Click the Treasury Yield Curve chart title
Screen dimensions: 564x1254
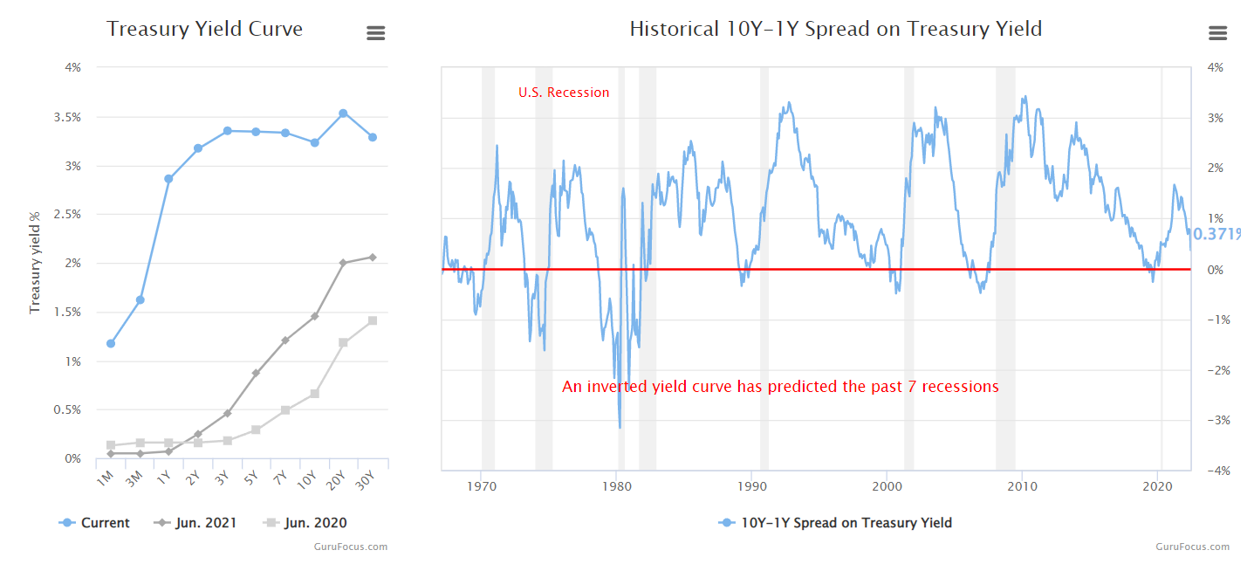[x=204, y=29]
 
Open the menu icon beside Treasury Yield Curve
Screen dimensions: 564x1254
[x=375, y=33]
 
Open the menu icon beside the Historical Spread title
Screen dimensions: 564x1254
[x=1217, y=33]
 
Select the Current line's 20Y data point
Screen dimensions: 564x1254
[x=343, y=113]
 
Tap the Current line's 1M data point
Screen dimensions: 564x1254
[x=111, y=343]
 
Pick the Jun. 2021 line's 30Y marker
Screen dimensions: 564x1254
[x=373, y=257]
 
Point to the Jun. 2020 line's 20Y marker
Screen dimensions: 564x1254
[x=343, y=342]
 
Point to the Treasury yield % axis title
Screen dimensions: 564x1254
[x=36, y=262]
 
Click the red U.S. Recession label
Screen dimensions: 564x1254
[x=564, y=93]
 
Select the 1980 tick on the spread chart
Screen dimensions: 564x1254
[x=617, y=485]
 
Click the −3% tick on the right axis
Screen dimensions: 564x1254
[x=1214, y=420]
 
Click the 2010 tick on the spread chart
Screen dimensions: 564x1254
[x=1022, y=485]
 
